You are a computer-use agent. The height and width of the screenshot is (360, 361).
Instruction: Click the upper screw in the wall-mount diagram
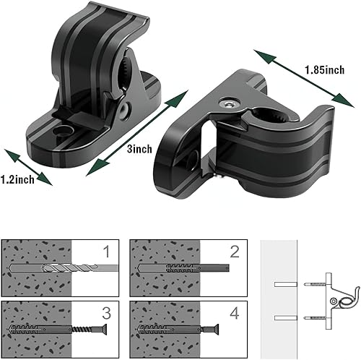click(314, 284)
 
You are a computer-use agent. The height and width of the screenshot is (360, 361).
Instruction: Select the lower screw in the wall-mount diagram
click(314, 317)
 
